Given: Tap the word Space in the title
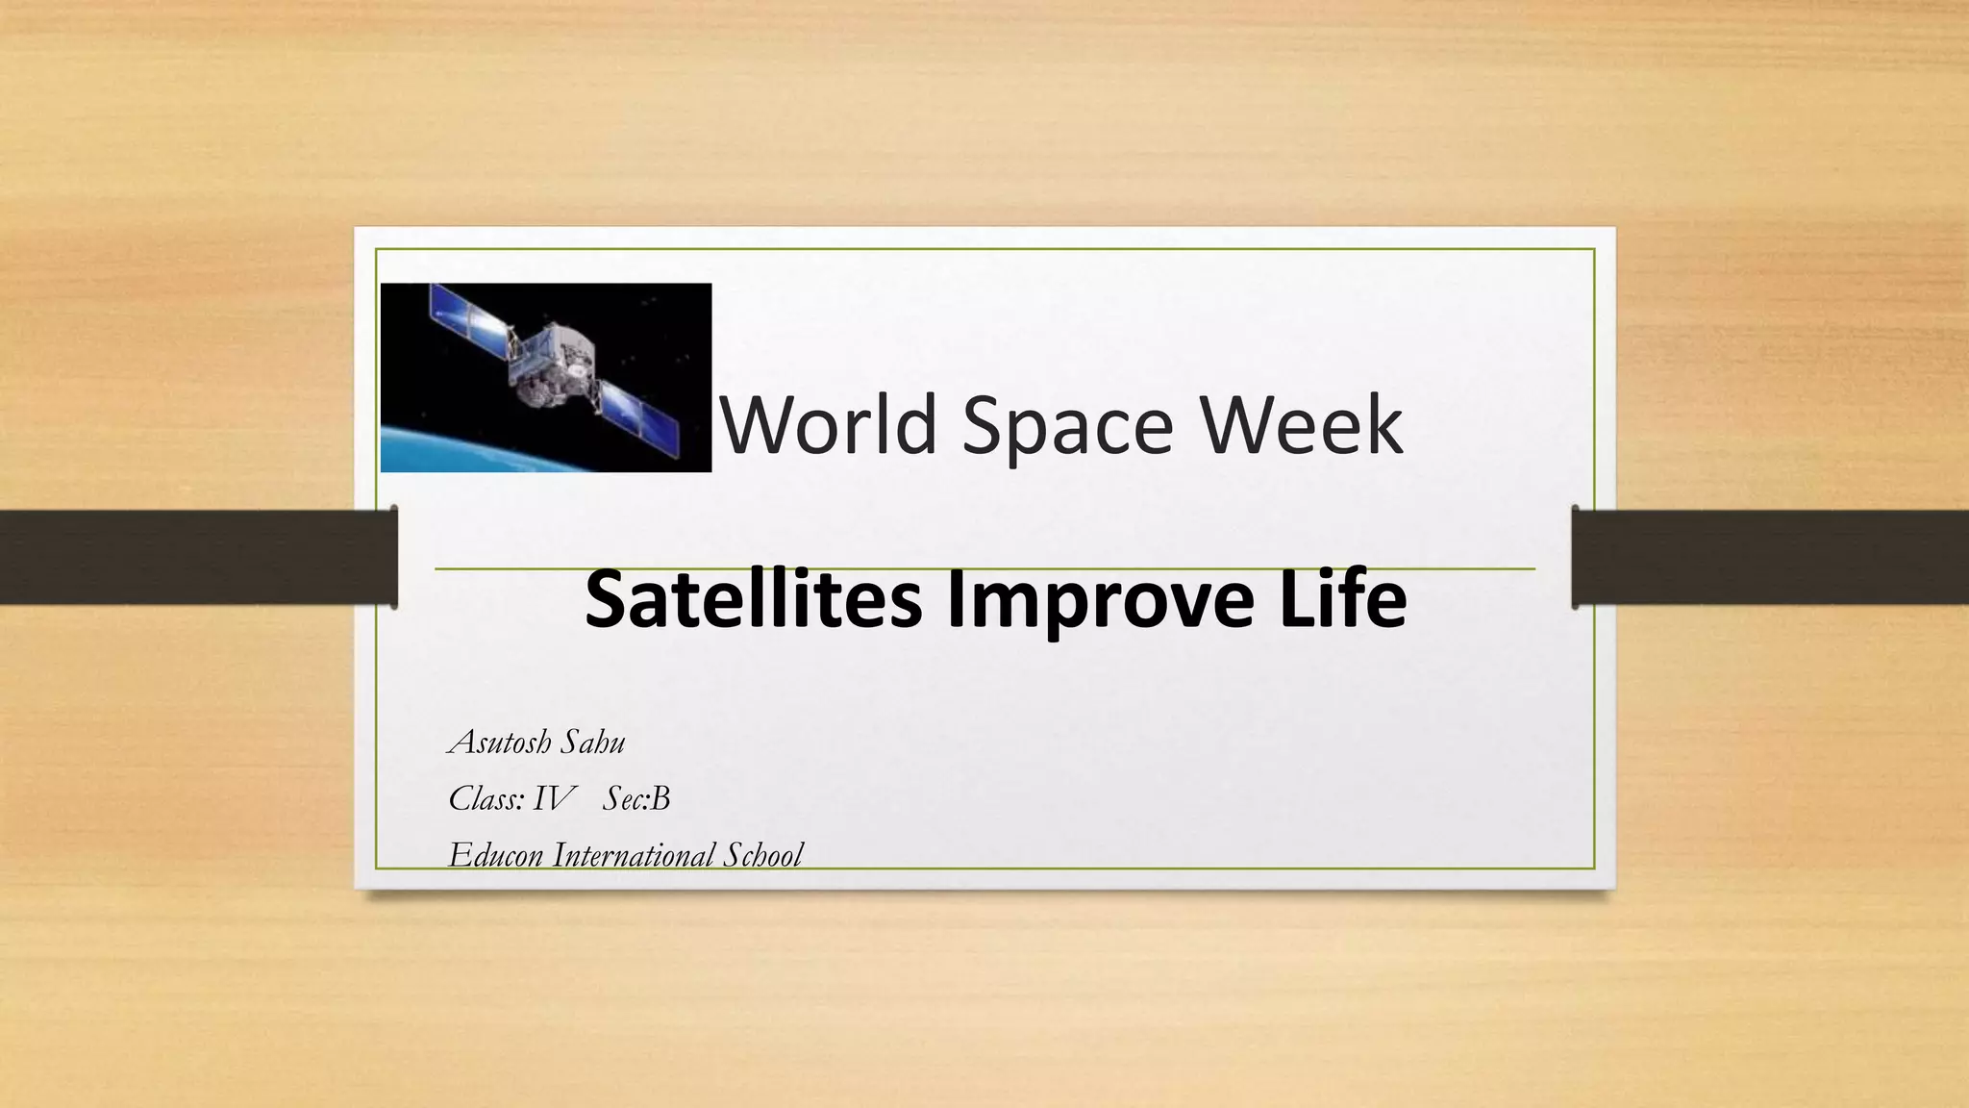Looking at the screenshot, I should pyautogui.click(x=1067, y=425).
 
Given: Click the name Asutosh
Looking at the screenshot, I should pyautogui.click(x=500, y=743).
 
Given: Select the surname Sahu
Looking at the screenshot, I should pyautogui.click(x=593, y=743).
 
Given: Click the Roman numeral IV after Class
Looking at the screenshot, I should pyautogui.click(x=554, y=799).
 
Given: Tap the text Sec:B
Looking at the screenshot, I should pyautogui.click(x=636, y=799).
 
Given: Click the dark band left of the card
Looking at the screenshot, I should pyautogui.click(x=192, y=557).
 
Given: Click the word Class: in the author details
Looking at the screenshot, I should pyautogui.click(x=485, y=799).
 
